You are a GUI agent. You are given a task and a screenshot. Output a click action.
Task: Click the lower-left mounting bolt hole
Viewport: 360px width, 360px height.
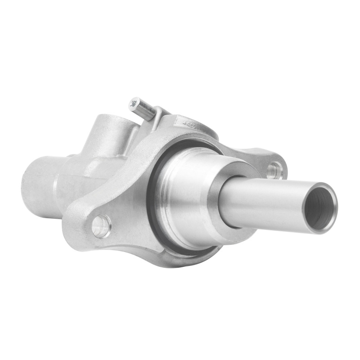coord(101,225)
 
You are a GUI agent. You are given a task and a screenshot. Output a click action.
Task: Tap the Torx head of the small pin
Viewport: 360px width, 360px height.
coord(134,104)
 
